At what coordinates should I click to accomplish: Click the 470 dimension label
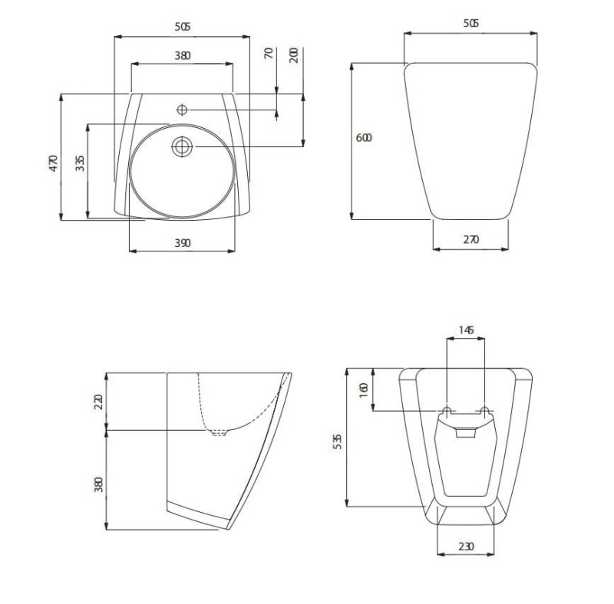(x=54, y=163)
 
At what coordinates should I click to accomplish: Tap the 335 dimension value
(x=80, y=163)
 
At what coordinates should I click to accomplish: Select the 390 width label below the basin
(x=183, y=243)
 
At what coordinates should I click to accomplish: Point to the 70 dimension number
(x=269, y=53)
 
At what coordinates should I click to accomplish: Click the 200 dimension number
(x=294, y=55)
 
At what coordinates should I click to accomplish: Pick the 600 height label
(x=364, y=138)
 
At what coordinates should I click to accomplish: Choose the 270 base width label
(x=471, y=239)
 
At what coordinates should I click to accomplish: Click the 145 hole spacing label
(x=466, y=330)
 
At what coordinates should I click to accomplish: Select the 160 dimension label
(x=364, y=390)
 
